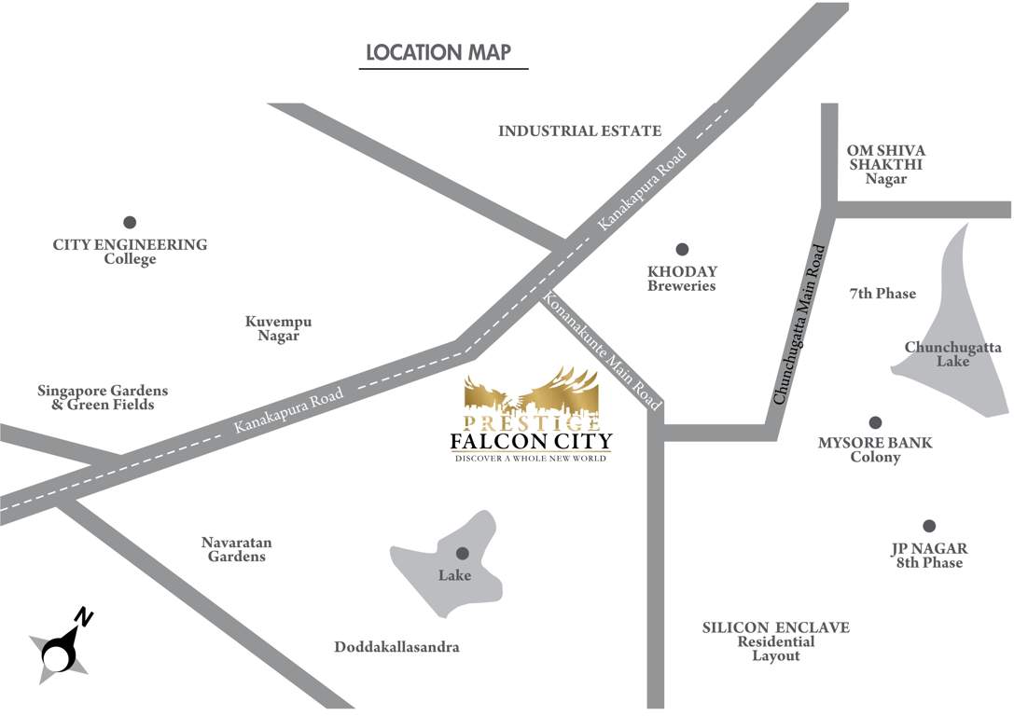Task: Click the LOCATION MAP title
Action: point(438,52)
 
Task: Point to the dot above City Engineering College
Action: point(130,222)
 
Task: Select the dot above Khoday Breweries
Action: point(682,249)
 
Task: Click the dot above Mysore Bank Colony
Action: point(875,422)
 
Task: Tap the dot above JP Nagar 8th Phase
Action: point(929,526)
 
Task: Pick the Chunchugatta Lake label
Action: point(952,354)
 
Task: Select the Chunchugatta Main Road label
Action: point(799,324)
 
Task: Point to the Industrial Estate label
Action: point(579,131)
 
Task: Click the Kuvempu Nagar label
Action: point(278,328)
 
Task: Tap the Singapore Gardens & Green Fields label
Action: point(103,398)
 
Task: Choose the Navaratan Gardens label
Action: point(237,549)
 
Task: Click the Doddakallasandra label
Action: point(396,647)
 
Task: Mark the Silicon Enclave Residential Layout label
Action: point(775,641)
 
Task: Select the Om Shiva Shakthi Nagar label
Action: point(885,164)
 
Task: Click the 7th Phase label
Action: point(882,294)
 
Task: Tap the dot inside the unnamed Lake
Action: point(462,553)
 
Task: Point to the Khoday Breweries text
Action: point(682,279)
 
